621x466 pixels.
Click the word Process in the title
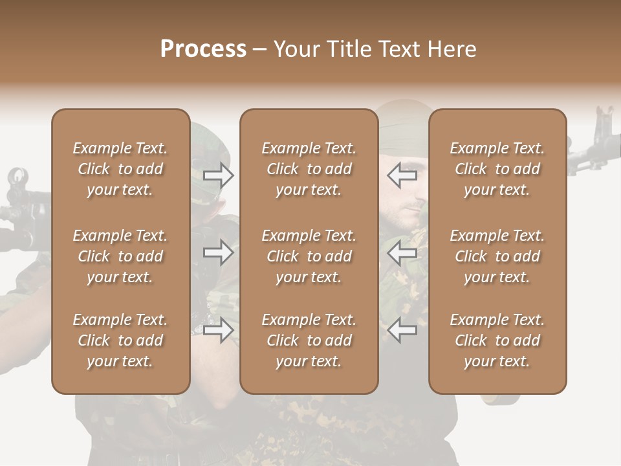point(203,49)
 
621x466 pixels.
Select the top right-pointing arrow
point(218,175)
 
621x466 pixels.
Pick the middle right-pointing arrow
point(218,252)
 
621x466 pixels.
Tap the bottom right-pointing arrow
point(218,331)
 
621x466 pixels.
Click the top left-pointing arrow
point(402,175)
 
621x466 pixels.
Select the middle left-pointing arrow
point(402,252)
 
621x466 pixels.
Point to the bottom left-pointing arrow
point(402,331)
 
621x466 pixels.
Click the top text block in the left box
point(120,169)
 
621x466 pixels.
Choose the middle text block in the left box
point(120,256)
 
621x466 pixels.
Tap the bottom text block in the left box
point(120,340)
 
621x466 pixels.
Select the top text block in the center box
point(309,169)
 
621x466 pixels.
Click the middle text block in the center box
point(309,256)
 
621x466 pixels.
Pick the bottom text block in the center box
point(309,340)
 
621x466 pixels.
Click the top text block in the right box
point(497,169)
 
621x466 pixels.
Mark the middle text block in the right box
point(497,256)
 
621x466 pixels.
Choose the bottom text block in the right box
point(497,340)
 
